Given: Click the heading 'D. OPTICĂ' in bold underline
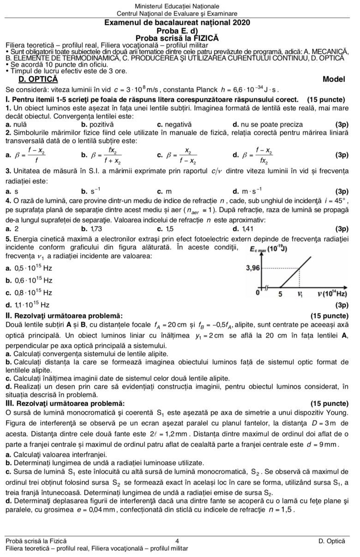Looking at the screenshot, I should [x=33, y=79].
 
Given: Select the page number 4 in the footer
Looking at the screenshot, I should [x=178, y=540].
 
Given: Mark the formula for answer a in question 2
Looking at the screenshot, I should [x=30, y=155].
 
